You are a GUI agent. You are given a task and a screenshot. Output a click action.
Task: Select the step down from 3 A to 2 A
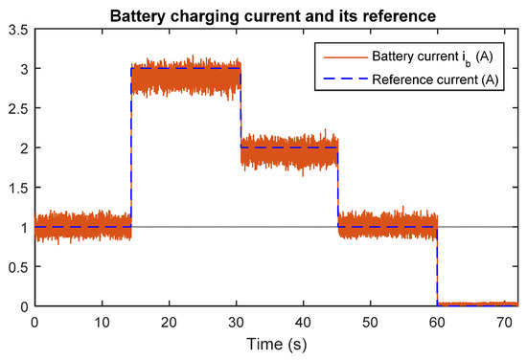(241, 108)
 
